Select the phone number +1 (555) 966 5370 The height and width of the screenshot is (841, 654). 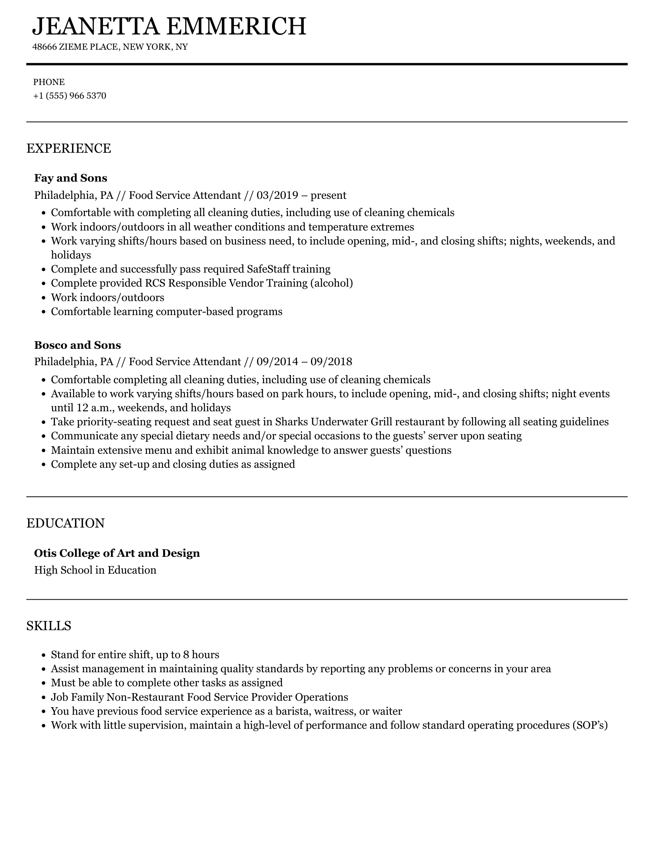point(70,96)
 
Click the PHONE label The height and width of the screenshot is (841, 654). point(49,82)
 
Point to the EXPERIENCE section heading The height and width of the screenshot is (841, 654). point(69,148)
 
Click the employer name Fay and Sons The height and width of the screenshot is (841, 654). point(71,178)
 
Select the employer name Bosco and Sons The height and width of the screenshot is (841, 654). point(77,345)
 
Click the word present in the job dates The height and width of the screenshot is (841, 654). point(328,195)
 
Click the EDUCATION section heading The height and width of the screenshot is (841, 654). point(65,523)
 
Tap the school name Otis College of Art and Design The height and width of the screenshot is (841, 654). point(117,553)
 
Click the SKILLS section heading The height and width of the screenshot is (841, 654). point(48,626)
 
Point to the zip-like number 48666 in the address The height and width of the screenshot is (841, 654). point(44,47)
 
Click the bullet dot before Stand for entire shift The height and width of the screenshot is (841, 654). point(44,655)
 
